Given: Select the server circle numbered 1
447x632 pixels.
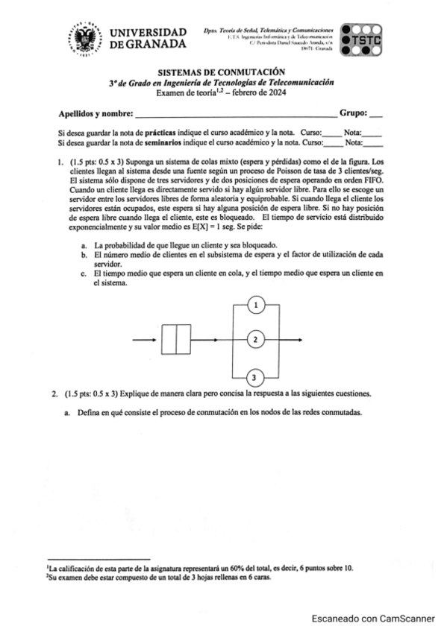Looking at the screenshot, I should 255,305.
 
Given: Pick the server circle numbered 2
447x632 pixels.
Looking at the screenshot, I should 255,340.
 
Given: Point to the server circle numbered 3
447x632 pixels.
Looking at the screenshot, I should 255,376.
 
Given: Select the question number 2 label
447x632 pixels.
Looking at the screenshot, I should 54,393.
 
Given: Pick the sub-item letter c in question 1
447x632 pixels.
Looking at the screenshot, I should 83,274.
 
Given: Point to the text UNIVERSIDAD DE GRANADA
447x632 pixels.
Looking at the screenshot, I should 148,39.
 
